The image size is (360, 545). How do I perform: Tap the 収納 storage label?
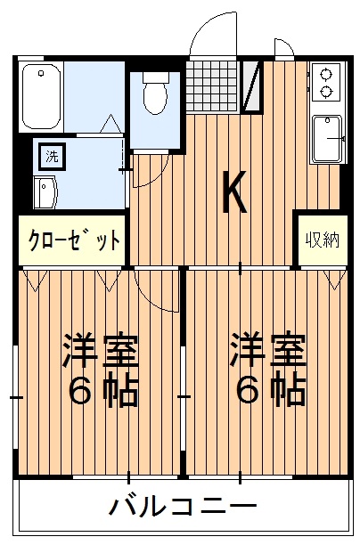322,240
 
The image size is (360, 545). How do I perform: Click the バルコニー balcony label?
178,508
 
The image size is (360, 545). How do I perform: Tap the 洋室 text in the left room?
100,351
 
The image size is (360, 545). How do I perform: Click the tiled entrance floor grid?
214,85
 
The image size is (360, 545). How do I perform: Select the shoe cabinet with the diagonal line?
253,85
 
